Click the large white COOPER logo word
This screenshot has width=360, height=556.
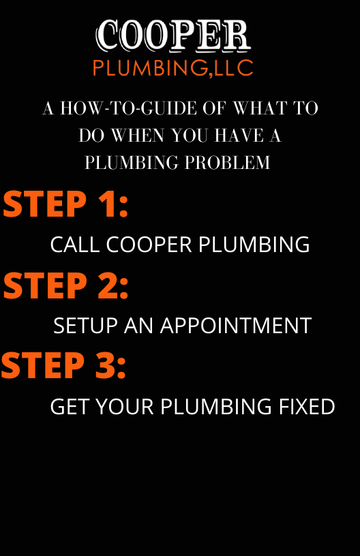pyautogui.click(x=173, y=35)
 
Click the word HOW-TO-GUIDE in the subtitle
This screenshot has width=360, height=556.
pyautogui.click(x=128, y=108)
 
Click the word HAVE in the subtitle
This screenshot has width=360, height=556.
pyautogui.click(x=239, y=135)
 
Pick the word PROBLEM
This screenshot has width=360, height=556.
pyautogui.click(x=227, y=162)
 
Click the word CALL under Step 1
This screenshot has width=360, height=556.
pyautogui.click(x=75, y=245)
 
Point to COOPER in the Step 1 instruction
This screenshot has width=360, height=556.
pyautogui.click(x=149, y=245)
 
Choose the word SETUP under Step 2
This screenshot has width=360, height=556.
pyautogui.click(x=85, y=326)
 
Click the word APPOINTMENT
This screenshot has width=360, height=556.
pyautogui.click(x=236, y=326)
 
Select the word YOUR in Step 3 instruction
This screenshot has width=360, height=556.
pyautogui.click(x=125, y=406)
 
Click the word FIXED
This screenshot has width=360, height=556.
pyautogui.click(x=307, y=406)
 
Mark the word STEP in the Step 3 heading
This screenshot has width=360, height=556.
pyautogui.click(x=42, y=365)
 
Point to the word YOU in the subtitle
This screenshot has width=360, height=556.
pyautogui.click(x=190, y=135)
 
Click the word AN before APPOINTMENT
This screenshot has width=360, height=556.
pyautogui.click(x=138, y=326)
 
